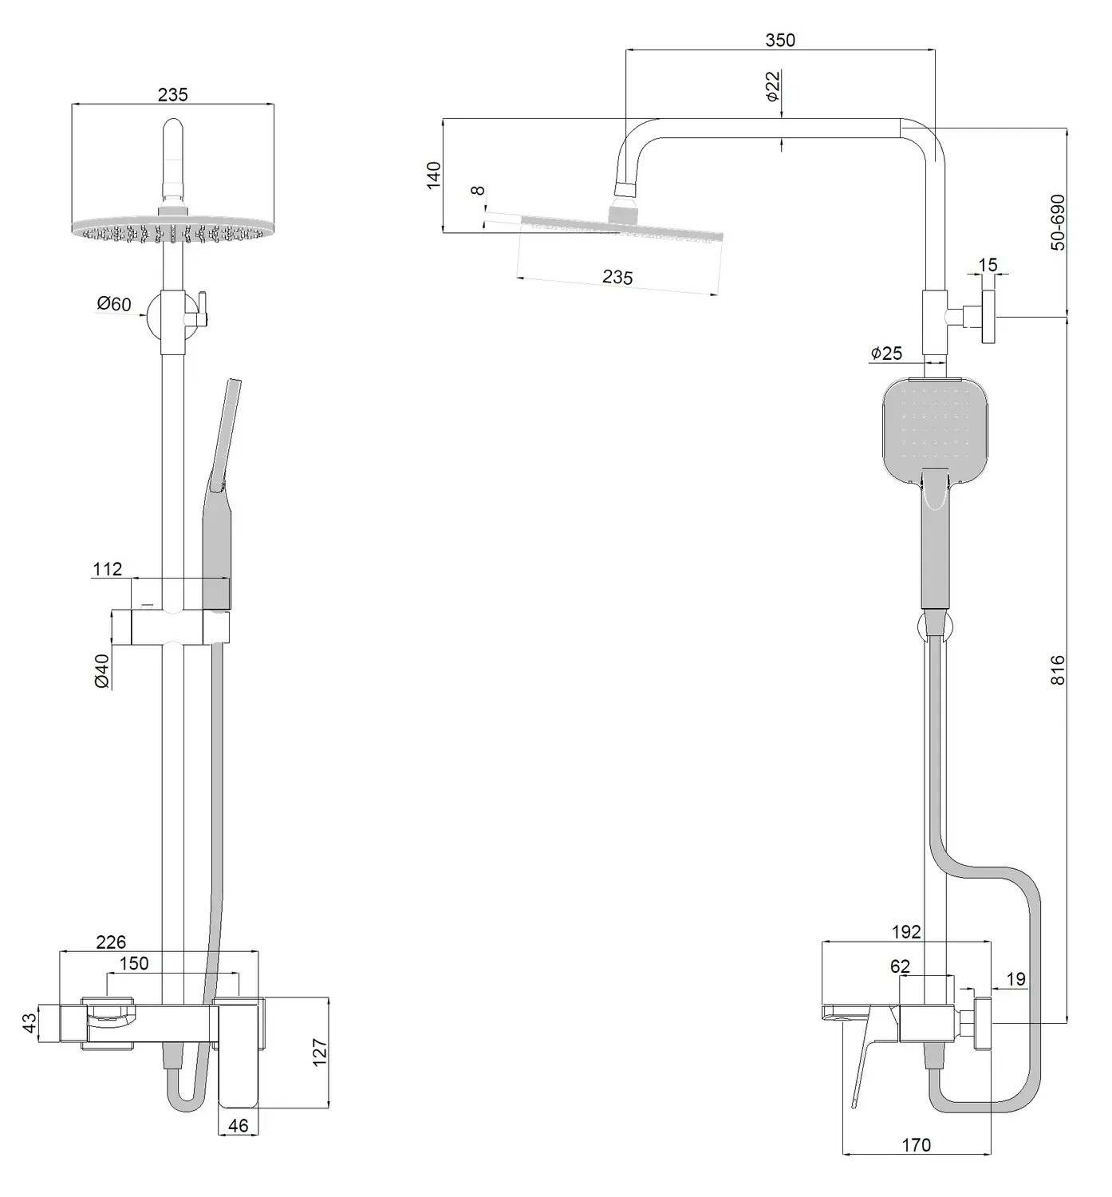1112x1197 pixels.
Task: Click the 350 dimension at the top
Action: pyautogui.click(x=779, y=40)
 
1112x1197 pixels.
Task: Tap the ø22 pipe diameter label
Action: pyautogui.click(x=772, y=86)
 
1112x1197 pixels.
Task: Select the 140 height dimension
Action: pyautogui.click(x=433, y=175)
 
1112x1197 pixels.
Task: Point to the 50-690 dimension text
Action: pyautogui.click(x=1058, y=222)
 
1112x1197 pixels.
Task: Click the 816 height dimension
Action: pyautogui.click(x=1058, y=670)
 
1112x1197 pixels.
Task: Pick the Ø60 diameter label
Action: pyautogui.click(x=114, y=304)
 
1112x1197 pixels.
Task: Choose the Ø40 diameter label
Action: pyautogui.click(x=101, y=671)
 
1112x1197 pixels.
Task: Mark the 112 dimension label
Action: pyautogui.click(x=108, y=569)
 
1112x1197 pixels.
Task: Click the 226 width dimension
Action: pyautogui.click(x=111, y=943)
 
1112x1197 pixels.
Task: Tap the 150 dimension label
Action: pyautogui.click(x=134, y=964)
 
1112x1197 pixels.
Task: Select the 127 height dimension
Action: pyautogui.click(x=320, y=1053)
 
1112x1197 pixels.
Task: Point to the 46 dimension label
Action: pyautogui.click(x=239, y=1125)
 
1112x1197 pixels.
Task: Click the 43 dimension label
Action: pyautogui.click(x=30, y=1022)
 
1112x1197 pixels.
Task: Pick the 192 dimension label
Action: pyautogui.click(x=906, y=932)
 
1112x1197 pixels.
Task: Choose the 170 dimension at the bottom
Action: pyautogui.click(x=917, y=1145)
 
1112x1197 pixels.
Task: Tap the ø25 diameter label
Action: pyautogui.click(x=886, y=353)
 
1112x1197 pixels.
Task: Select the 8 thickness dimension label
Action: pyautogui.click(x=478, y=191)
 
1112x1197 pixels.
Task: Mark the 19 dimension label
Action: pyautogui.click(x=1016, y=979)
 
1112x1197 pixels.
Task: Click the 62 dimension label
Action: pyautogui.click(x=900, y=966)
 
